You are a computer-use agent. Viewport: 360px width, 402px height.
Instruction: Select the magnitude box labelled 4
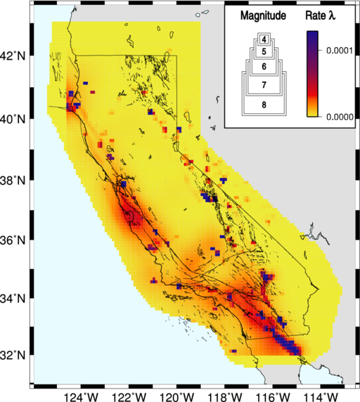pos(262,39)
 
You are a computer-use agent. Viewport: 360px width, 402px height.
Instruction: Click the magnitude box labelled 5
pos(262,52)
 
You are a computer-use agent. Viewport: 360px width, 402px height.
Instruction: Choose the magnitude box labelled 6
pos(262,67)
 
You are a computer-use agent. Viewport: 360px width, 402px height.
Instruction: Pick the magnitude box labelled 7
pos(262,85)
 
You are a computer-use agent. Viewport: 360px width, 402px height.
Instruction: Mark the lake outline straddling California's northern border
pos(160,30)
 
